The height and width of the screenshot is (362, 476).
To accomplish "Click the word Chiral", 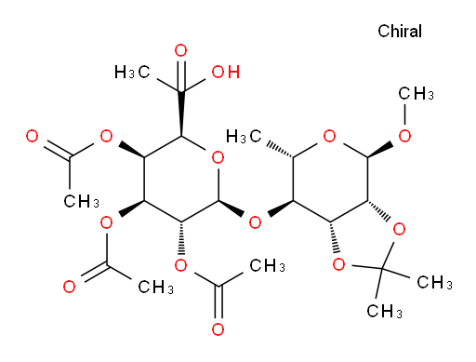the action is pyautogui.click(x=400, y=31).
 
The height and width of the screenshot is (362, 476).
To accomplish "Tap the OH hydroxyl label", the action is pyautogui.click(x=226, y=72).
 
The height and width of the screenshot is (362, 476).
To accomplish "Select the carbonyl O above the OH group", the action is pyautogui.click(x=180, y=50).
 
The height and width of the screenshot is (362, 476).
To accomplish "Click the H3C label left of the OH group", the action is pyautogui.click(x=132, y=72).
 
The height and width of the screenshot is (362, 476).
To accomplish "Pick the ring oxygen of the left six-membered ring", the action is pyautogui.click(x=218, y=157).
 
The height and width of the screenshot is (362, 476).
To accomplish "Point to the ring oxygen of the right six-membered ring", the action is pyautogui.click(x=329, y=136).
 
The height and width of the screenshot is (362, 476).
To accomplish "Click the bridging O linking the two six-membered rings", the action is pyautogui.click(x=255, y=222).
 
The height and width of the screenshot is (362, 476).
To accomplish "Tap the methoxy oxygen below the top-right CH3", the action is pyautogui.click(x=404, y=136).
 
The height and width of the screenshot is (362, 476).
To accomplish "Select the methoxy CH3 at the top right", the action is pyautogui.click(x=416, y=93).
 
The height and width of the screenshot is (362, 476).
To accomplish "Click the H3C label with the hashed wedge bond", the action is pyautogui.click(x=244, y=136).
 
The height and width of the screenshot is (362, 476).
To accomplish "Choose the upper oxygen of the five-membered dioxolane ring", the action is pyautogui.click(x=399, y=229).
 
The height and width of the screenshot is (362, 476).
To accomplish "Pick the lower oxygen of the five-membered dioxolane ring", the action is pyautogui.click(x=338, y=265).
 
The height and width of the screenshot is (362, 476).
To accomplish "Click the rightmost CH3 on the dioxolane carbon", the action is pyautogui.click(x=434, y=282).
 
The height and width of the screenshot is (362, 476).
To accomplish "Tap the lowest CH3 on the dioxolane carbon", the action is pyautogui.click(x=384, y=311).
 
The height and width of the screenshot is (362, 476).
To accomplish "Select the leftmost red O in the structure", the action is pyautogui.click(x=32, y=136).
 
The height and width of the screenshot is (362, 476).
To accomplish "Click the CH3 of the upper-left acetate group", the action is pyautogui.click(x=81, y=201).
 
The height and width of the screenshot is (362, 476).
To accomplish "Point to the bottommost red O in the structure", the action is pyautogui.click(x=218, y=329).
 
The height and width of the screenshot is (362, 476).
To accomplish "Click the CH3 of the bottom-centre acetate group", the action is pyautogui.click(x=267, y=266).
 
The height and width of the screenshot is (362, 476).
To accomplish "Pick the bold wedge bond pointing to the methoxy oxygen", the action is pyautogui.click(x=380, y=151).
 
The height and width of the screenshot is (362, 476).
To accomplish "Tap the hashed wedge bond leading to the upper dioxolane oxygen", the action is pyautogui.click(x=379, y=210).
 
